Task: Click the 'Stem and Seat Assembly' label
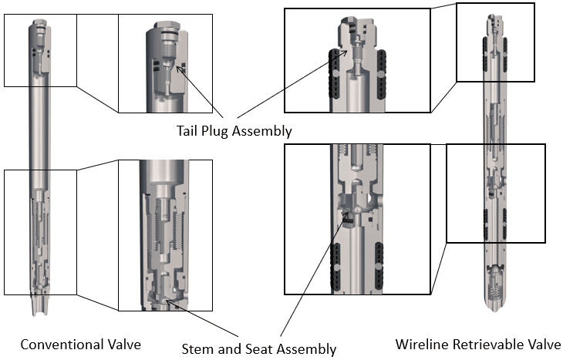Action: click(x=258, y=348)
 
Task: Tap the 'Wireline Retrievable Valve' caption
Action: click(x=477, y=344)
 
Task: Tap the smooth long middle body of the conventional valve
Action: click(x=39, y=139)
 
